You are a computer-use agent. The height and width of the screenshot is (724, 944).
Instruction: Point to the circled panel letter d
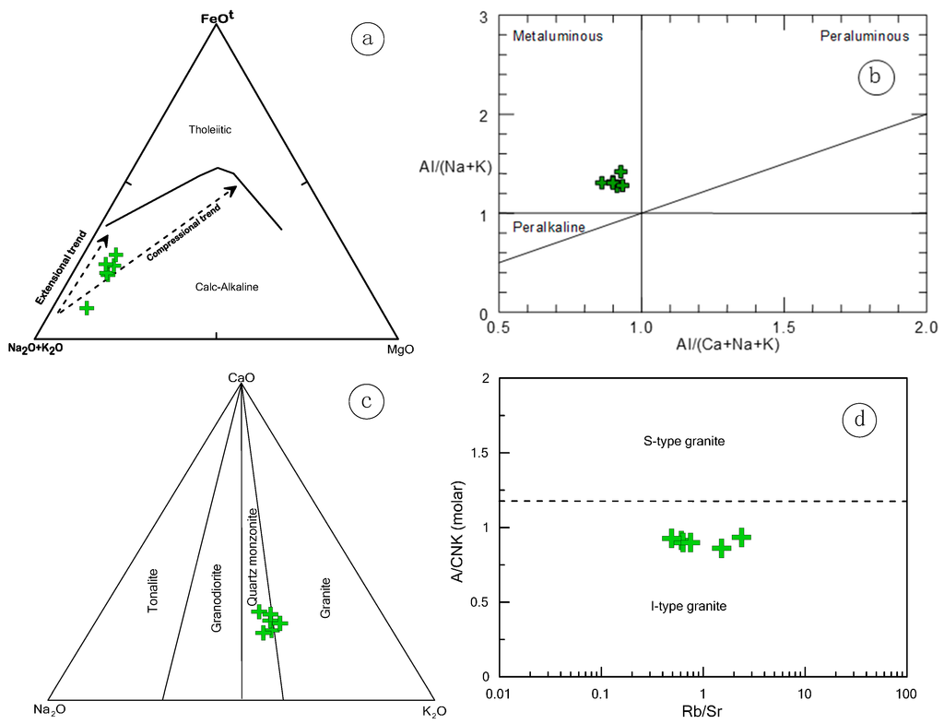859,421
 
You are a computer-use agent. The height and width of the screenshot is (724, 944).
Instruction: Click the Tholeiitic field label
209,130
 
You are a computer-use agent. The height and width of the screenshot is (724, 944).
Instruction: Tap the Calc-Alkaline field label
227,287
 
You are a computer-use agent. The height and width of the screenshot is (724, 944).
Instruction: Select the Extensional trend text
64,268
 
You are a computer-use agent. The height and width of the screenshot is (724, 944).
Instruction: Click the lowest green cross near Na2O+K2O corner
87,308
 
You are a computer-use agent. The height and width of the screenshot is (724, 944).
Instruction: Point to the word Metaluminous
558,36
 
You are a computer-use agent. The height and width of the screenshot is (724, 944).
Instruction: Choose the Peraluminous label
865,36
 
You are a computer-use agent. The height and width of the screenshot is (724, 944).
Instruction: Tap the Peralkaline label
543,227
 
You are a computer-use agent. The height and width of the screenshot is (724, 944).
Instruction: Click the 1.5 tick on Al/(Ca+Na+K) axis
783,328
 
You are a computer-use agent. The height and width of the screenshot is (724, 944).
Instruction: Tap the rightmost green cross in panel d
741,538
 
